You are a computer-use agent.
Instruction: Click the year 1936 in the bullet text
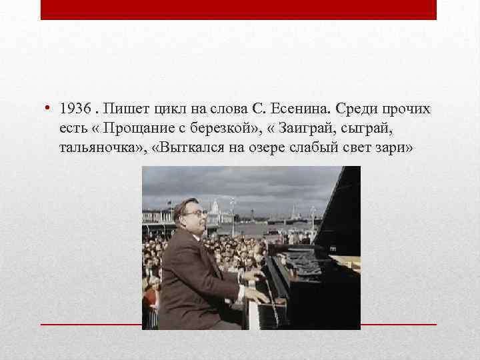point(73,109)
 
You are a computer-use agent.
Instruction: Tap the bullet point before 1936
point(50,109)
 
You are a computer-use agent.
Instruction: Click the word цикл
point(169,109)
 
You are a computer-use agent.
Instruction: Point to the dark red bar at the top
point(239,10)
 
